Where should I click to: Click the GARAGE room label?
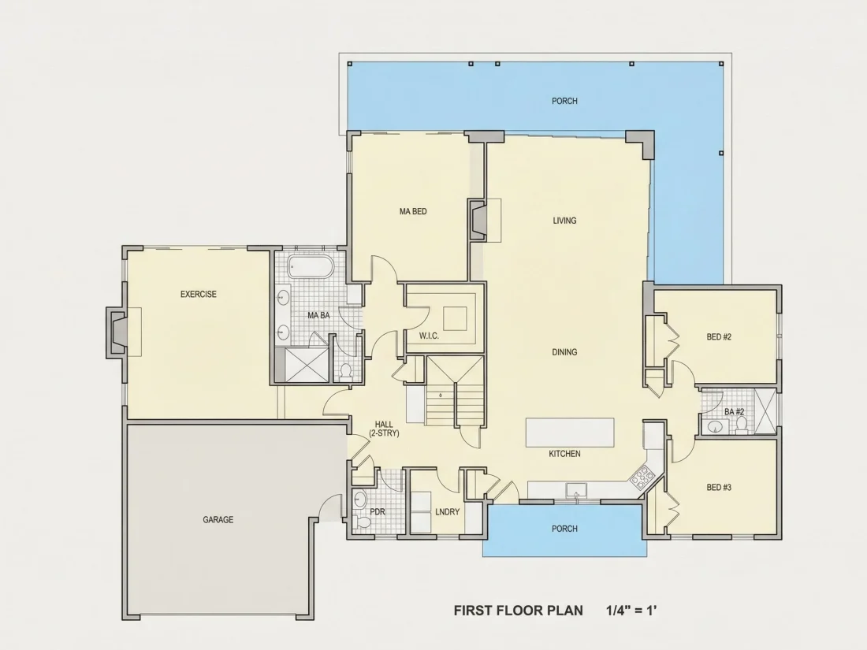coord(218,519)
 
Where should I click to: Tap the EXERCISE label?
coord(199,294)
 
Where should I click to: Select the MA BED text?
coord(413,211)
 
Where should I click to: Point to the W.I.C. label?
coord(429,336)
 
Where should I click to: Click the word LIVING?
coord(564,221)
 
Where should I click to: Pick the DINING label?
coord(564,352)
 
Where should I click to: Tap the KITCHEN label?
coord(564,454)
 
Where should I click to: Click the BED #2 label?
coord(719,336)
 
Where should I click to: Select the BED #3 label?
coord(719,488)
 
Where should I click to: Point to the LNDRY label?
coord(448,512)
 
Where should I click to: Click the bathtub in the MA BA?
coord(311,266)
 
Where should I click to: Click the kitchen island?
coord(570,433)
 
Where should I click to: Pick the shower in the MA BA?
coord(306,365)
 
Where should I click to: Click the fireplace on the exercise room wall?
coord(117,332)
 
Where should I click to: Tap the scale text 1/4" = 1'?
coord(631,610)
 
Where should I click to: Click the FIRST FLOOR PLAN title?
coord(518,611)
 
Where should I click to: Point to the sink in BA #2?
coord(717,427)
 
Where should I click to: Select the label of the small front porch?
coord(564,529)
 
